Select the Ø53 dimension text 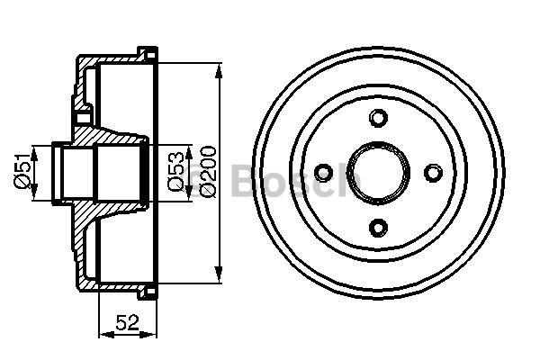(176, 171)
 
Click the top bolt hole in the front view (379, 117)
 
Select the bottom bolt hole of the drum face (379, 226)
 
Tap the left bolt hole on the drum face (325, 171)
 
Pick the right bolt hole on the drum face (434, 171)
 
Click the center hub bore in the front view (379, 171)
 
